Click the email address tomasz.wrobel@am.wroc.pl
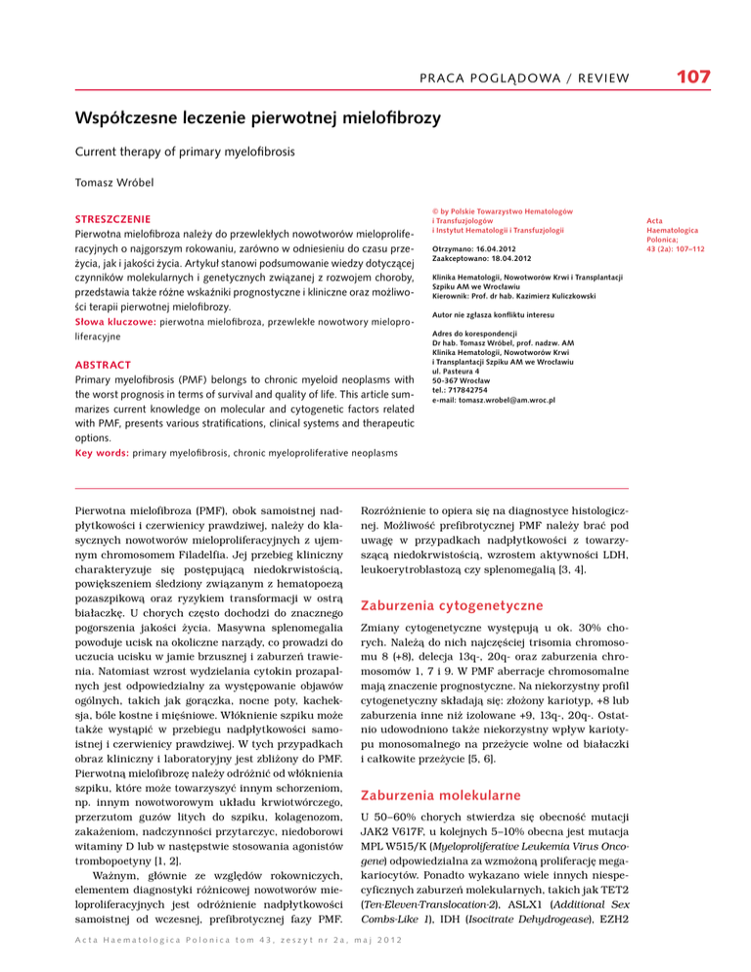(x=508, y=400)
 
